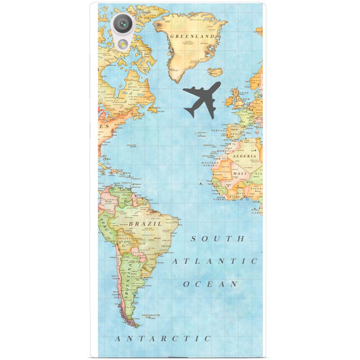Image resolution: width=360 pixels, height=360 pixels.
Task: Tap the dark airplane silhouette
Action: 201,99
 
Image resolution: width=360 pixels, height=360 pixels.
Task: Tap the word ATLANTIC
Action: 215,261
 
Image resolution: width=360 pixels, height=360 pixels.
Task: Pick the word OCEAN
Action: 210,284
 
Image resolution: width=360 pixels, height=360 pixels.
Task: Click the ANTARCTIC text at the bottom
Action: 163,338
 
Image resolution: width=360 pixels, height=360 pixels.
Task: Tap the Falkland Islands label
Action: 152,315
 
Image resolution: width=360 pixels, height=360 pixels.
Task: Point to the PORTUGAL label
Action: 218,131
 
